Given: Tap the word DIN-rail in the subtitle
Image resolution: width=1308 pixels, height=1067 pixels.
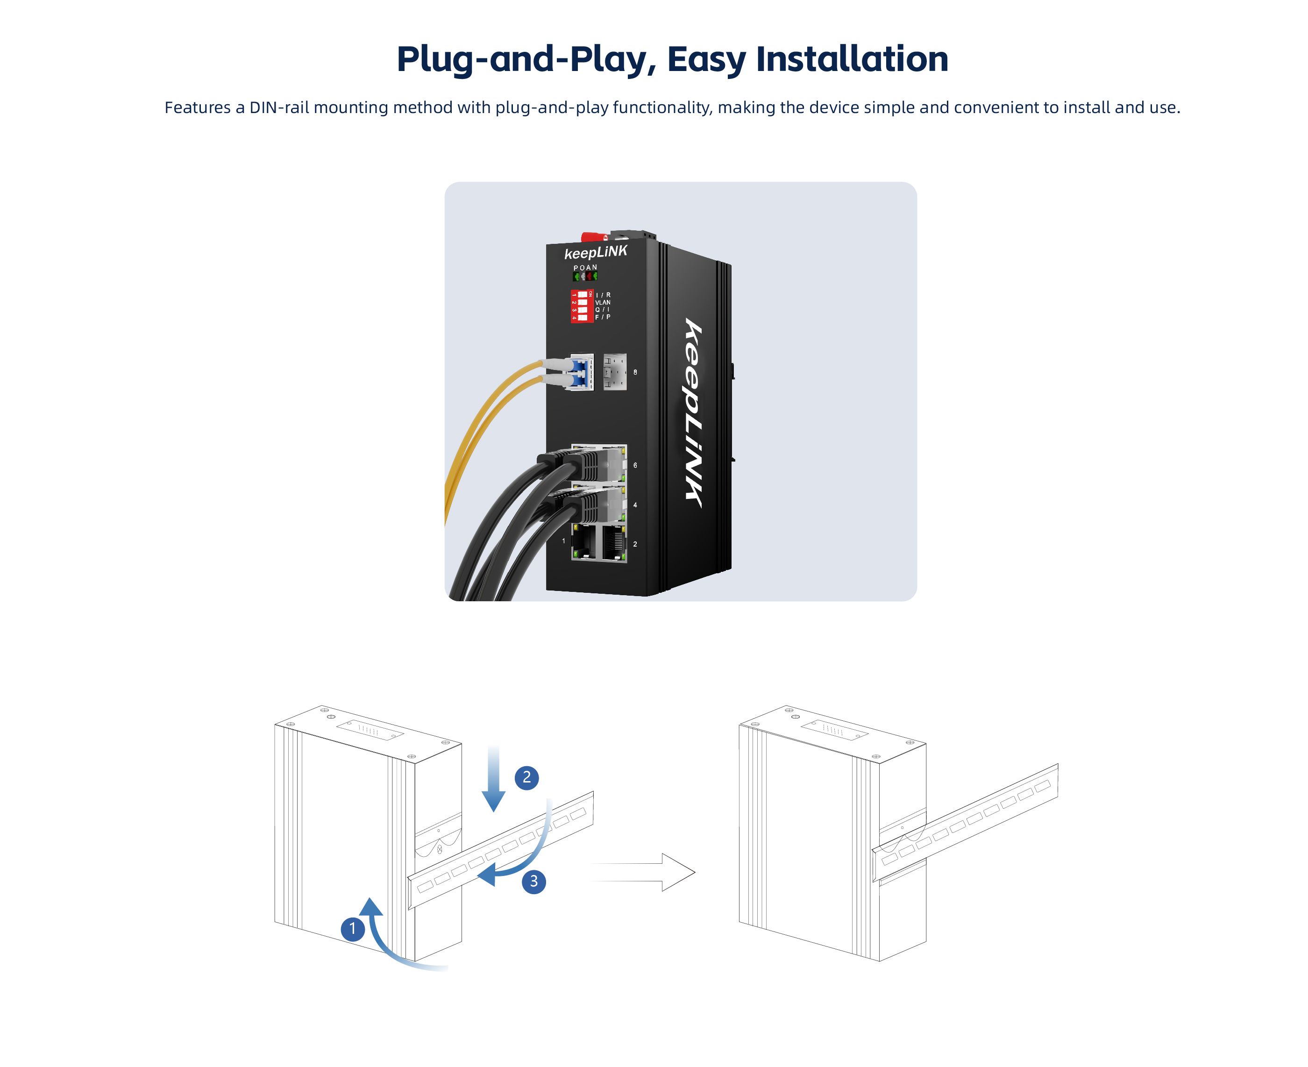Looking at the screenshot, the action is (x=279, y=107).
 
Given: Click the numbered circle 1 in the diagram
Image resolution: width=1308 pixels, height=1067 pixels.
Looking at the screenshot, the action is (x=352, y=928).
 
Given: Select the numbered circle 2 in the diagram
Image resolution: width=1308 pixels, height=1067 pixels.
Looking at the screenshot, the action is (x=527, y=777).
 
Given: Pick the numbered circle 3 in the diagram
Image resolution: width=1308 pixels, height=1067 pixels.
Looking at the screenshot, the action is (x=533, y=882).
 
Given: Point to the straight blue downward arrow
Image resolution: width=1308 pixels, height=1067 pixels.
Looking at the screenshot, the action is (x=494, y=779).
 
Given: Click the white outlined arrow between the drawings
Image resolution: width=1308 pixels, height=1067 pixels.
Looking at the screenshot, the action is (x=643, y=872).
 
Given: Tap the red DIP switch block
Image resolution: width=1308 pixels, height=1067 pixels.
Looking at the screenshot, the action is (x=582, y=306).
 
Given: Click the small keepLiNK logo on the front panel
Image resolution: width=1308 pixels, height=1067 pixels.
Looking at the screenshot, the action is (x=596, y=252).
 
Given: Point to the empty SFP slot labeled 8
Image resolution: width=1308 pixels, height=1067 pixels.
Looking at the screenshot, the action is (x=615, y=371).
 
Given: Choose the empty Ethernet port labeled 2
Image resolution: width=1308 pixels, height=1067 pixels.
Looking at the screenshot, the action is (x=614, y=543).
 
